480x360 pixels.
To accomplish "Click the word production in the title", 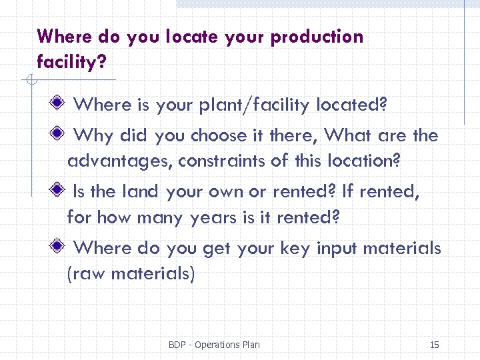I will coord(317,37).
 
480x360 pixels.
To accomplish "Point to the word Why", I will coord(93,136).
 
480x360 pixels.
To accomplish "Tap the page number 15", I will coord(434,345).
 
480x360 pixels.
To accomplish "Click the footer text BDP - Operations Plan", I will coord(214,345).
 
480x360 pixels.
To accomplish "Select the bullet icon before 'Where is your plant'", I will coord(59,104).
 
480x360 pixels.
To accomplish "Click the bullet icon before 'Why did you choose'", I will coord(59,135).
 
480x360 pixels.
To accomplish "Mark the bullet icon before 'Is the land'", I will coord(59,191).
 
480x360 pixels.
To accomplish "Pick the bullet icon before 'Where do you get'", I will coord(59,247).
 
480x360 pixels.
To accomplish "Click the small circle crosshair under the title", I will coord(31,81).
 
